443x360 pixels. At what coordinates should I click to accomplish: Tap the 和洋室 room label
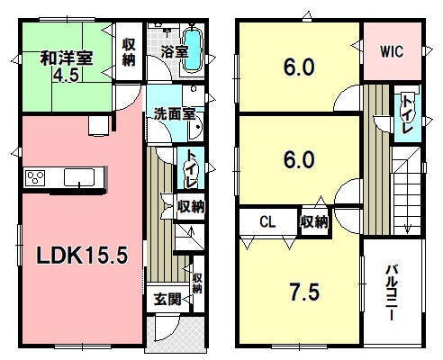point(67,58)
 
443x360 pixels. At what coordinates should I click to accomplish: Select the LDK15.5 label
point(82,256)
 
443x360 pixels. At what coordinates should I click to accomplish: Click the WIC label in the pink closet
point(392,51)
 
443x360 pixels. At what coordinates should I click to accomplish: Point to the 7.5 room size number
point(304,292)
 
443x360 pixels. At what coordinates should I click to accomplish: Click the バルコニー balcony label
point(392,292)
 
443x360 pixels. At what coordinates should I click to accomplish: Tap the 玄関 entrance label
point(167,299)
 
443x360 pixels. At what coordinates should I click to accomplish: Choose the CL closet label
point(267,222)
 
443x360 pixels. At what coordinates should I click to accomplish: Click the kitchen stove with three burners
point(35,177)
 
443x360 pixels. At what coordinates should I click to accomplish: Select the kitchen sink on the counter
point(79,177)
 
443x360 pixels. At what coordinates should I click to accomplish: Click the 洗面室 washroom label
point(175,114)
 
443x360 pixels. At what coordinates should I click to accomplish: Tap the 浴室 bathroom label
point(175,51)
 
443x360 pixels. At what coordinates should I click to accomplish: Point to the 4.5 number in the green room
point(66,75)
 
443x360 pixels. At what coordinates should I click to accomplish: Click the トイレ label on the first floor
point(191,168)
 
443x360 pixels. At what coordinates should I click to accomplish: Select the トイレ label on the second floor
point(407,114)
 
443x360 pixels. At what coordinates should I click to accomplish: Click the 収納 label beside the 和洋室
point(129,52)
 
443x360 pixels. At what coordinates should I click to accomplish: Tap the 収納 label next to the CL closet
point(314,222)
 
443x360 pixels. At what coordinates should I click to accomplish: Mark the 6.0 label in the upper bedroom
point(299,67)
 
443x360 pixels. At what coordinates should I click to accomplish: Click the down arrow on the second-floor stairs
point(407,229)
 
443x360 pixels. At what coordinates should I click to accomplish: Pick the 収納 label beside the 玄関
point(197,283)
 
